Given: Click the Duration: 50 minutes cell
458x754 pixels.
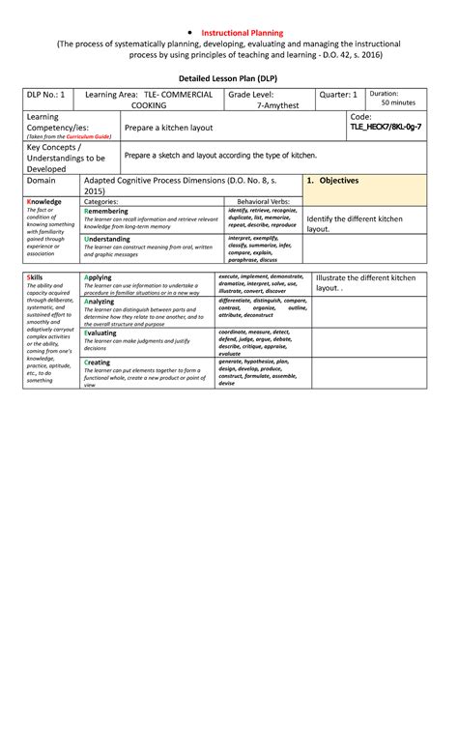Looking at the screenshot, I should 397,98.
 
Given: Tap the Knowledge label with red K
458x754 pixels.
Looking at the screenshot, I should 44,201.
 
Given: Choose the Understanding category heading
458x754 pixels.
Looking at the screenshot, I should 109,238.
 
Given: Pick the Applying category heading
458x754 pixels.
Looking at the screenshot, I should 99,277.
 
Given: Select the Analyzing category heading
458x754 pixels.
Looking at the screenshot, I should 101,301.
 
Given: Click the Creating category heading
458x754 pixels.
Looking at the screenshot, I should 100,362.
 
